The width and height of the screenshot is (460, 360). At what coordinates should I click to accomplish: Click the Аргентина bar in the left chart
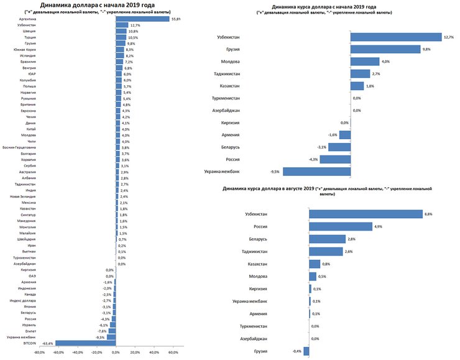point(143,19)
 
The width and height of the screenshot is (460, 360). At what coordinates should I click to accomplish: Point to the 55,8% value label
point(178,19)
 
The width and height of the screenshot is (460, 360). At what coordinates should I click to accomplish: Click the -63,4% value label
point(47,343)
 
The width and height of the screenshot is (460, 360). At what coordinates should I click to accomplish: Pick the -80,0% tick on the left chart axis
point(40,353)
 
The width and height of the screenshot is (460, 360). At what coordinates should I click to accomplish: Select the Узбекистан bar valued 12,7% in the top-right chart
point(396,37)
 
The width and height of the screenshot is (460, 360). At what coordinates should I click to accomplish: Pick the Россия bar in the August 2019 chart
point(341,226)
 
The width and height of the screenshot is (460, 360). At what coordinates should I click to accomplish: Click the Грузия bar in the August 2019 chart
point(306,351)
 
